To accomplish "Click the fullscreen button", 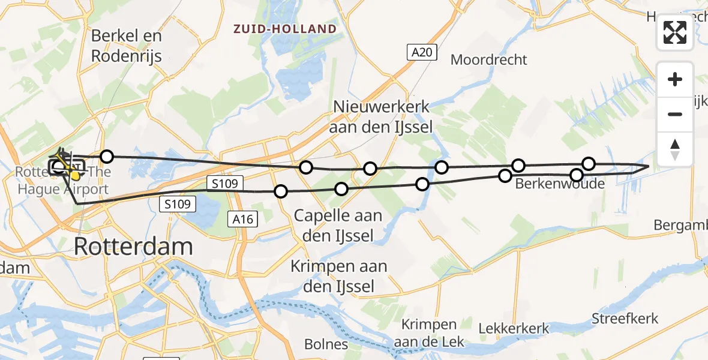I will (675, 32).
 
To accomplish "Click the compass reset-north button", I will (675, 149).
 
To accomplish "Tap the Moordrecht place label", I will (488, 59).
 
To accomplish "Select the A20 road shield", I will (422, 53).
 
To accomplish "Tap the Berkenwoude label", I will (560, 184).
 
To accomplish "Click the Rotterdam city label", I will (134, 247).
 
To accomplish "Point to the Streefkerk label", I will (625, 319).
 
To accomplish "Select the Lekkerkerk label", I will (514, 328).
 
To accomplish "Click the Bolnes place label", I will (326, 344).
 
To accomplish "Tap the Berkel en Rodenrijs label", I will (127, 45).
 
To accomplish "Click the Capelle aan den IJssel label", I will (338, 225).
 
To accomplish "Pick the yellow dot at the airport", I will (76, 176).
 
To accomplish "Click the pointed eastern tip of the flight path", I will (648, 166).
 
